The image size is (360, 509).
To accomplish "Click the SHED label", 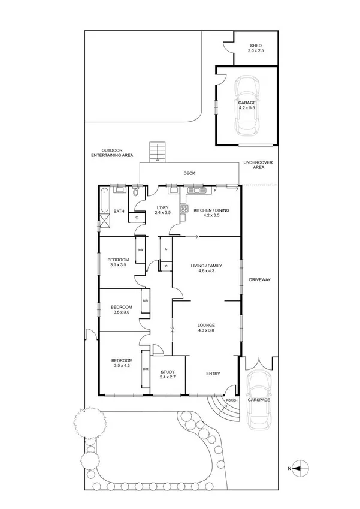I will pyautogui.click(x=255, y=46).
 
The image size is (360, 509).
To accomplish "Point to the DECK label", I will pyautogui.click(x=189, y=174).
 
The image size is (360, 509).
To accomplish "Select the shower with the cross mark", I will pyautogui.click(x=104, y=225).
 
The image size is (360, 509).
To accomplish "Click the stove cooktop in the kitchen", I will pyautogui.click(x=184, y=210).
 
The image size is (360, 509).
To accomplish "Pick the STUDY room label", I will pyautogui.click(x=167, y=372).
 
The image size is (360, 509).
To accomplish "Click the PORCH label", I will pyautogui.click(x=231, y=400).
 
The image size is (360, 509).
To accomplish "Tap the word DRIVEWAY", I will pyautogui.click(x=259, y=279).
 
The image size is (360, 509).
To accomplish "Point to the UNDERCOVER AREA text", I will pyautogui.click(x=255, y=165).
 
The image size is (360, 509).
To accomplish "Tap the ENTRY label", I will pyautogui.click(x=213, y=374).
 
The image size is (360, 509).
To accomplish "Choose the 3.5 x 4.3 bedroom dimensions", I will pyautogui.click(x=122, y=365).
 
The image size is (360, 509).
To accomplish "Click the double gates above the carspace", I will pyautogui.click(x=259, y=363).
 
